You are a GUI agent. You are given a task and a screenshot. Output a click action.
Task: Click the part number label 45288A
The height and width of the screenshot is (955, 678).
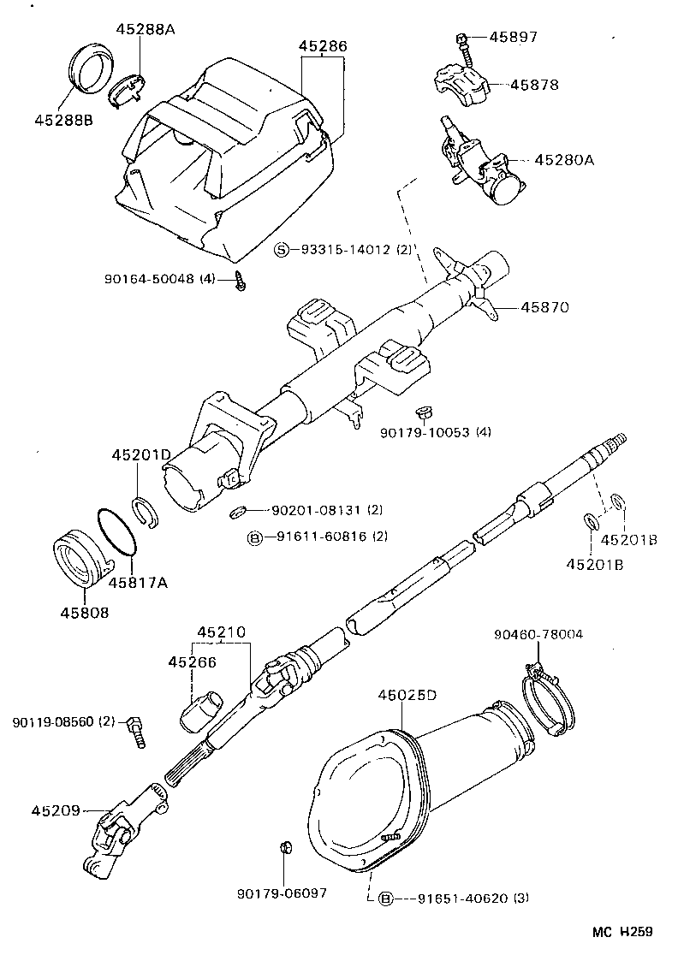point(145,29)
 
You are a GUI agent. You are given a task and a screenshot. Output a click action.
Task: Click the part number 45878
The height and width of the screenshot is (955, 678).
point(534,85)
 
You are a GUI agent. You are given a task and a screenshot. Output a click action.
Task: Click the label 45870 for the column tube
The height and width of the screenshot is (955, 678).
point(545,306)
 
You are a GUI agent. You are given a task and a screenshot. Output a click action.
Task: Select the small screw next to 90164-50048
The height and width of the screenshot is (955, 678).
point(241,282)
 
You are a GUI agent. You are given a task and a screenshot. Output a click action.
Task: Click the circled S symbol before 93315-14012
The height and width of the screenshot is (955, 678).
point(282,250)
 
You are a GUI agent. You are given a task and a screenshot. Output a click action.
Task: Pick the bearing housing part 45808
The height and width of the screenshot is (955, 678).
point(82,564)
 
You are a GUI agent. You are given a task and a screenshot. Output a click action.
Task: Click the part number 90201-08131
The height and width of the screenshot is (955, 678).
point(316,510)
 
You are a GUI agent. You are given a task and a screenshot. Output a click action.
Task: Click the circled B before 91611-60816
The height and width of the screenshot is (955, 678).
point(255,537)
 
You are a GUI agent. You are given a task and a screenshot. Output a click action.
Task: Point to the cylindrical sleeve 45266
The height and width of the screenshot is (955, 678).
point(201,711)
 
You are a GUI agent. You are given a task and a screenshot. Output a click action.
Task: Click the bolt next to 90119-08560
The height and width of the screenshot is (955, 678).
point(135,730)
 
